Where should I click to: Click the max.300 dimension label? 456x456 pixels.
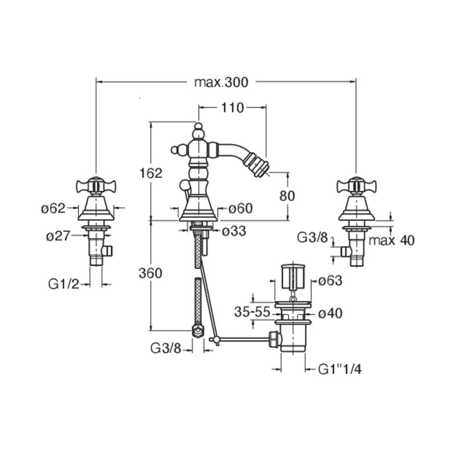coord(221,82)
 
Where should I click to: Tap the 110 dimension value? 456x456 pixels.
coord(233,108)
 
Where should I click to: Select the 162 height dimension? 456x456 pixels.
coord(151,173)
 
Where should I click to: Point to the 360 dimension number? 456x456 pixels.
coord(150,274)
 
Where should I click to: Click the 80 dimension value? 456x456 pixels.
coord(287,196)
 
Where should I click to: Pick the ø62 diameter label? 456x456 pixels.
coord(54,208)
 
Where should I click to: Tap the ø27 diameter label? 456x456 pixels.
coord(58,236)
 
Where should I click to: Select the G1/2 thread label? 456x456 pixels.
coord(64,284)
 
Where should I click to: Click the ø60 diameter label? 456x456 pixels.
coord(240,208)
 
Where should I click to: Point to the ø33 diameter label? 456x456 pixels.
coord(234,231)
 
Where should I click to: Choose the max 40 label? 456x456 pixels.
coord(392,241)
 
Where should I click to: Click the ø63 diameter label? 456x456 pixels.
coord(330,280)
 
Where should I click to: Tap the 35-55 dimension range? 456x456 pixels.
coord(253,312)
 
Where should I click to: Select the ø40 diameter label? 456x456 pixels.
coord(330,313)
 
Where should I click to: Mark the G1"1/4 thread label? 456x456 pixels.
coord(340,369)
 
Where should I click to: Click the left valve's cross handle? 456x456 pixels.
coord(96,185)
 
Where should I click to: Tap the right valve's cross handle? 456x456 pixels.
coord(357,185)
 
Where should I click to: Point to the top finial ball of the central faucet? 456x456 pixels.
coord(198,127)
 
